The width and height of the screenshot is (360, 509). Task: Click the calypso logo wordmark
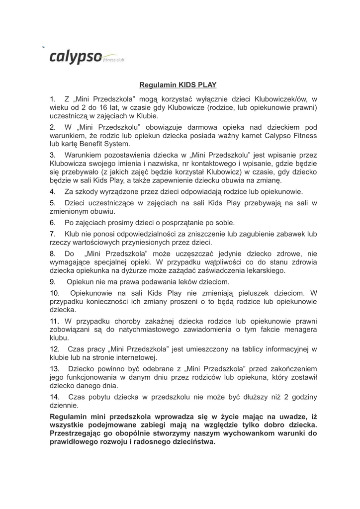76,58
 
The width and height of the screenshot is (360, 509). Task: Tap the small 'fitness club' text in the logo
113,60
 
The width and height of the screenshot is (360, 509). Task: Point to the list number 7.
52,234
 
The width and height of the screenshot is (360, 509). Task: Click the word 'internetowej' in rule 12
136,357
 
